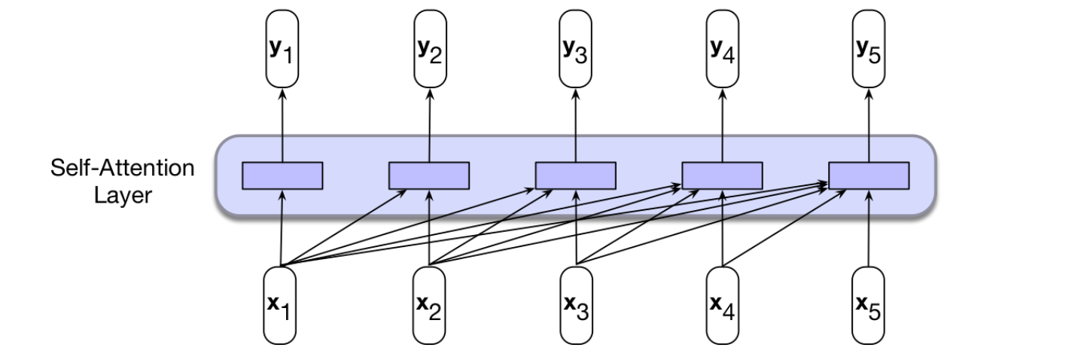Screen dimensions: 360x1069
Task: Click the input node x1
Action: (280, 304)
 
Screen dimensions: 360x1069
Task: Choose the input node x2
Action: (429, 304)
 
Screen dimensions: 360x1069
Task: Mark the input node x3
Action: (576, 304)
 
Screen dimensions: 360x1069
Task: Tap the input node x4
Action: (723, 304)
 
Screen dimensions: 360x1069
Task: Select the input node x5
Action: (869, 304)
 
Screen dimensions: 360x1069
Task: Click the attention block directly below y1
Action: (282, 175)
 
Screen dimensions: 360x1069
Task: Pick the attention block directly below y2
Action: (429, 175)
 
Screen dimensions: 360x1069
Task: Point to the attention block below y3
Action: (576, 175)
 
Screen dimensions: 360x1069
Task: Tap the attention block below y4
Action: (723, 175)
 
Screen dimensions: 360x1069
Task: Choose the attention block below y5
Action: (869, 175)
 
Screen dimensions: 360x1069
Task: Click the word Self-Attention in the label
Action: (123, 168)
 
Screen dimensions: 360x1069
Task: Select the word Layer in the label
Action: (123, 196)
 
